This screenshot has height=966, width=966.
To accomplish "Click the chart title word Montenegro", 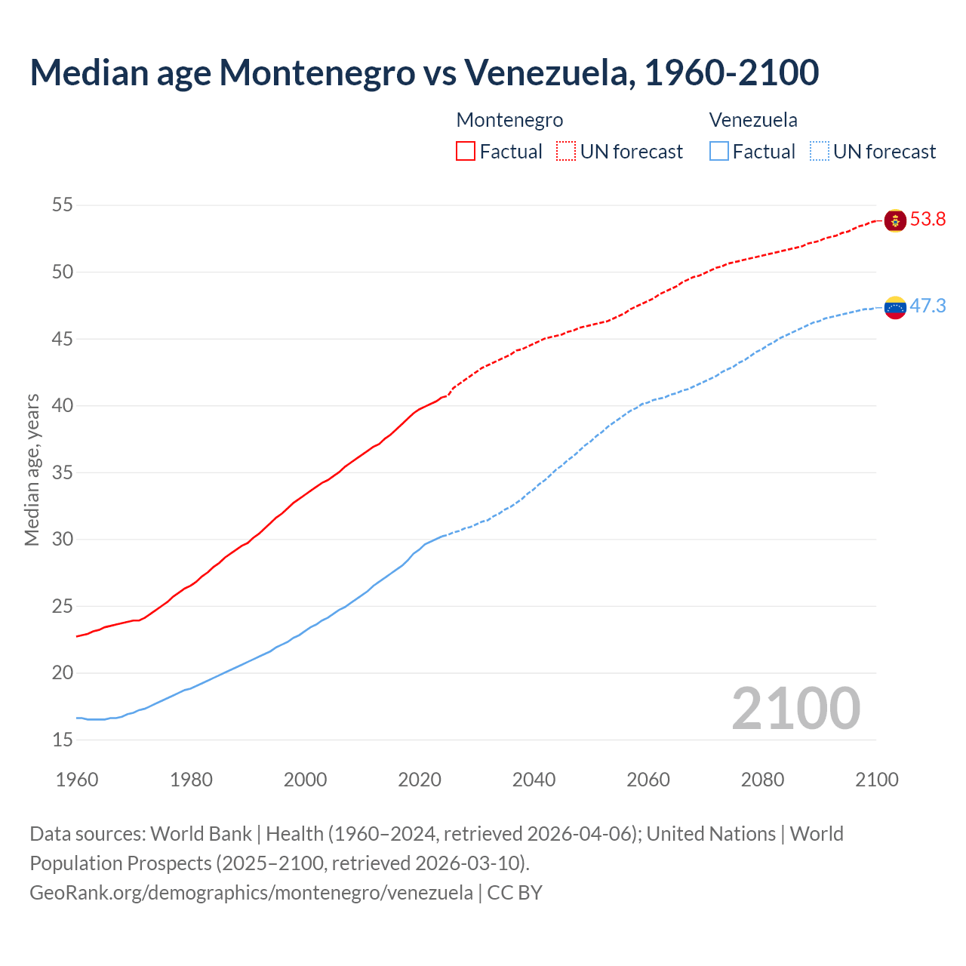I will [317, 73].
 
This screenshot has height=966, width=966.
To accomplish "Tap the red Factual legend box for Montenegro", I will [466, 151].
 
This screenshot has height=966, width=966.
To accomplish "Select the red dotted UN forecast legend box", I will [566, 151].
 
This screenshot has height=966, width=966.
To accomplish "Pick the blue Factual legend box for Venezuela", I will [719, 151].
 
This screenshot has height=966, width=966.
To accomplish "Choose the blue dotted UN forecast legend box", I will [819, 151].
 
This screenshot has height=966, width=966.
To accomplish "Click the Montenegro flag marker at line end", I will [895, 220].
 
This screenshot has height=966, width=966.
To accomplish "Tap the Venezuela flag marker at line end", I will [895, 307].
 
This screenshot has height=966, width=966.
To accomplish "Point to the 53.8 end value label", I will [928, 220].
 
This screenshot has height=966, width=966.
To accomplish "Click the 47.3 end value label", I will [928, 306].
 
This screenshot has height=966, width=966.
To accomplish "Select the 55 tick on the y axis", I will [63, 205].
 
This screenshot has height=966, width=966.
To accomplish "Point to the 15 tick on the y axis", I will [63, 740].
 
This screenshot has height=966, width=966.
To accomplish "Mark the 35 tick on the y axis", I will [63, 472].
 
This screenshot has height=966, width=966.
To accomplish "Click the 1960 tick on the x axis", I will [77, 780].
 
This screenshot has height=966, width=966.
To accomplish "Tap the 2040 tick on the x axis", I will [534, 780].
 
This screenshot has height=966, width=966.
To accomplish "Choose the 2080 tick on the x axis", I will [762, 780].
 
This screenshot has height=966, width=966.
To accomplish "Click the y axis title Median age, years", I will [32, 469].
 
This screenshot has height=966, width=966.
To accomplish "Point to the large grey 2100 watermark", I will [795, 708].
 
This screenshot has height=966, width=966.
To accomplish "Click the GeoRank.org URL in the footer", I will [251, 893].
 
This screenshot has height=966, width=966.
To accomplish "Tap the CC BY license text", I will [515, 893].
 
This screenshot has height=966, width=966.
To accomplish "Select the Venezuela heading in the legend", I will [753, 120].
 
